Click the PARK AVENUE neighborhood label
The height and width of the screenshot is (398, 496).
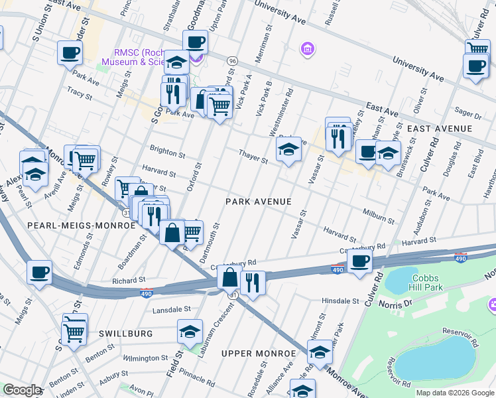click(x=259, y=201)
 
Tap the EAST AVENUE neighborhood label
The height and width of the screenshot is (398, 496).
click(x=440, y=128)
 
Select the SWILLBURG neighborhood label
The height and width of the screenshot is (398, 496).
click(x=126, y=334)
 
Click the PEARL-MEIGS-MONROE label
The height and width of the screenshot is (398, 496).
click(x=82, y=226)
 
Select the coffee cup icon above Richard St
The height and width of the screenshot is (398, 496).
click(x=39, y=272)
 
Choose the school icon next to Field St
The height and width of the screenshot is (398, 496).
click(x=190, y=331)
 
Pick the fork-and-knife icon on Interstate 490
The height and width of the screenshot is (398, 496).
click(x=253, y=282)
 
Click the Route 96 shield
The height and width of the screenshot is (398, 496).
click(x=231, y=60)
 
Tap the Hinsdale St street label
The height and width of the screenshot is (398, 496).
click(x=340, y=300)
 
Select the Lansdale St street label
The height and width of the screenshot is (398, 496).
click(x=171, y=309)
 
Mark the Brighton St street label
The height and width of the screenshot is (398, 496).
click(x=167, y=152)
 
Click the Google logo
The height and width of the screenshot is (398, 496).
click(x=23, y=390)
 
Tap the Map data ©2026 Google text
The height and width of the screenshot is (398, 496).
click(x=454, y=393)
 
